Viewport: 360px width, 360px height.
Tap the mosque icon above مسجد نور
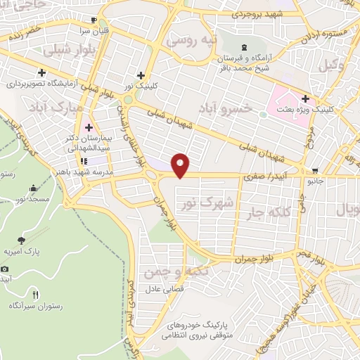click(x=33, y=188)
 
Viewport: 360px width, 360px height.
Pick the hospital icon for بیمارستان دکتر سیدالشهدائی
click(x=89, y=127)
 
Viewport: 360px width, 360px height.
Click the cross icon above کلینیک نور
click(x=141, y=75)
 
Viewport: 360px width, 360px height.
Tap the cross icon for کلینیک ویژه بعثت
click(x=305, y=98)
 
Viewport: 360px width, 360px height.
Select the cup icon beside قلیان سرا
click(x=94, y=20)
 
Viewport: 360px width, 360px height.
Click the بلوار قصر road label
click(x=311, y=261)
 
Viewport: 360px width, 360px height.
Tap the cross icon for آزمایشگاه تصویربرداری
click(x=43, y=72)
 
